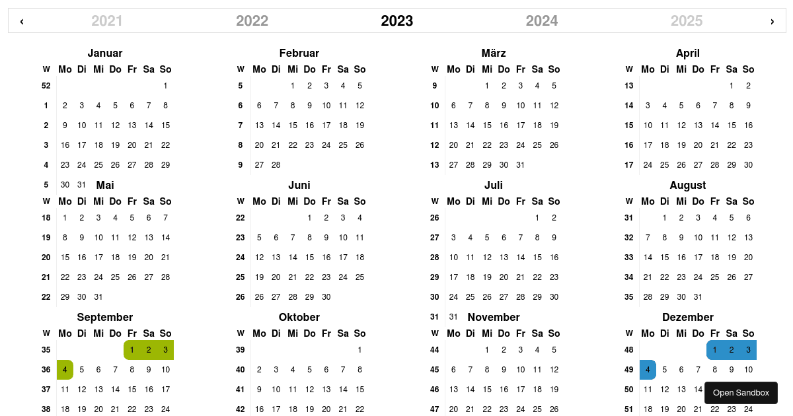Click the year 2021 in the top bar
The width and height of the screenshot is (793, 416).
point(107,21)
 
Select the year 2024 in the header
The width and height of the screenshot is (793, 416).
point(542,21)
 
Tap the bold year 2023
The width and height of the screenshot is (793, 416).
point(397,21)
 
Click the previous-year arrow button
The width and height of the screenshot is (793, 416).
point(22,21)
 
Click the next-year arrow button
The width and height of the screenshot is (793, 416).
point(772,21)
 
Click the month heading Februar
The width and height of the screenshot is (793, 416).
point(299,53)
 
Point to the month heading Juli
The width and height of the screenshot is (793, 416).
point(494,185)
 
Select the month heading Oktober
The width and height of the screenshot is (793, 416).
point(299,317)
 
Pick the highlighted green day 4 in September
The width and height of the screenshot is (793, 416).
point(65,370)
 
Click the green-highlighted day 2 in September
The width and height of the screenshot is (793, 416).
point(149,350)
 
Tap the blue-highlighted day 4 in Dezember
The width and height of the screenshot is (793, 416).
point(648,370)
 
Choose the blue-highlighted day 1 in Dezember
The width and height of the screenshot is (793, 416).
point(714,350)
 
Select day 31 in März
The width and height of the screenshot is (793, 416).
point(521,164)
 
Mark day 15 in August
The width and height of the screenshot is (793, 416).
point(665,257)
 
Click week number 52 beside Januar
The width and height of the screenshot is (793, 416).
point(46,85)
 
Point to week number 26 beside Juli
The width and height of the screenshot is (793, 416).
point(435,217)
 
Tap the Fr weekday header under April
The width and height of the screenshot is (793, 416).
point(714,69)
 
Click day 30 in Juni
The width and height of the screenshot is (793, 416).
point(326,296)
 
